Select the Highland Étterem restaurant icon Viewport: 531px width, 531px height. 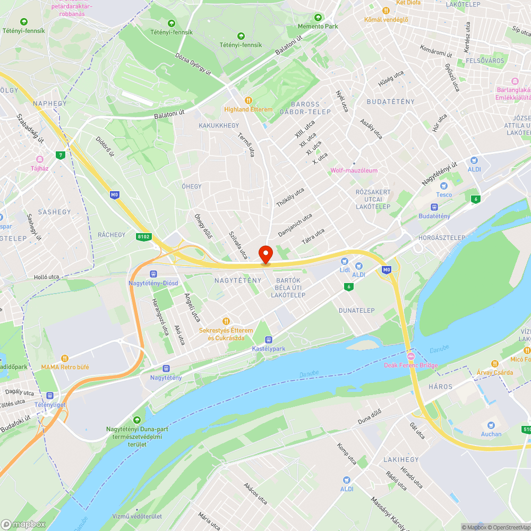tap(248, 100)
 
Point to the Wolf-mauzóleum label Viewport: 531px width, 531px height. tap(354, 170)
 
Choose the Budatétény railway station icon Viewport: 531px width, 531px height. tap(434, 207)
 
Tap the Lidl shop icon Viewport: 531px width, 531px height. tap(345, 261)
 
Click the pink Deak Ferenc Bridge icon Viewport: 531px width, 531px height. tap(410, 355)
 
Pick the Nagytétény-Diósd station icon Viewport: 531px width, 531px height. tap(153, 273)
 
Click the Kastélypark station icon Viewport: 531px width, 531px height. tap(269, 339)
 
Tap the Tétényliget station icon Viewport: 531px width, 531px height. tap(49, 395)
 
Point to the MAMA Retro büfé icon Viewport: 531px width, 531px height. tap(65, 358)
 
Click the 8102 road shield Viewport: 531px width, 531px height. tap(143, 237)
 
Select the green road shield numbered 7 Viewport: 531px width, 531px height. tap(62, 155)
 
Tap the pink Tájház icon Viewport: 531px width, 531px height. tap(39, 159)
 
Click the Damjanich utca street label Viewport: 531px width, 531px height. tap(295, 225)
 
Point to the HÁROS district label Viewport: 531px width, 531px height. tap(441, 387)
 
